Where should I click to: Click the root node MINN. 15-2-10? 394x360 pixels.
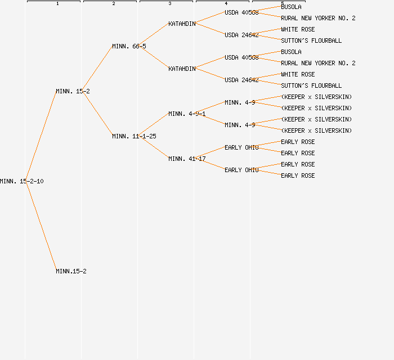pos(21,181)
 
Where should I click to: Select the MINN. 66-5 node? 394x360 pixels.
pos(129,46)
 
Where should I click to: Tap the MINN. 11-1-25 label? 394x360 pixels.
pos(134,136)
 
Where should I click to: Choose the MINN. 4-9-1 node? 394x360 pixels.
pos(187,114)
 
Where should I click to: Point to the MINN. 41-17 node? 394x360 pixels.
pos(187,159)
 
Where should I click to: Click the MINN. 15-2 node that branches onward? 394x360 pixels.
pos(73,91)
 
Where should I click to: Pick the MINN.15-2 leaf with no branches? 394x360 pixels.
pos(71,271)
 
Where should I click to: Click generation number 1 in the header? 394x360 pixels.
pos(57,4)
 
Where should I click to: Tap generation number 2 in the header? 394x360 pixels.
pos(114,4)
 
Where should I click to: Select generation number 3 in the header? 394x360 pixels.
pos(170,4)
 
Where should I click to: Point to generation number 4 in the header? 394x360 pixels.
pos(226,4)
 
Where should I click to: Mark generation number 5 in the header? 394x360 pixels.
pos(283,4)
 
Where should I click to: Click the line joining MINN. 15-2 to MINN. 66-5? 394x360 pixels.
pos(98,69)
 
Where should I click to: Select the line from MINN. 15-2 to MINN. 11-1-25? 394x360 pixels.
pos(98,114)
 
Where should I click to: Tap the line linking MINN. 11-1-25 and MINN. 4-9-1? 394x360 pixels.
pos(154,125)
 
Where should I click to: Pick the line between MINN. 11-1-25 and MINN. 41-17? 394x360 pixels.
pos(154,147)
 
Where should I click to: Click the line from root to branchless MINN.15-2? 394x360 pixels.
pos(41,226)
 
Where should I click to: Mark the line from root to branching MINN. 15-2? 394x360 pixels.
pos(41,136)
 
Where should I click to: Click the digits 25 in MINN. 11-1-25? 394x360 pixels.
pos(153,136)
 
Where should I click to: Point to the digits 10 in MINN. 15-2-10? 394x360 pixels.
pos(40,181)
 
